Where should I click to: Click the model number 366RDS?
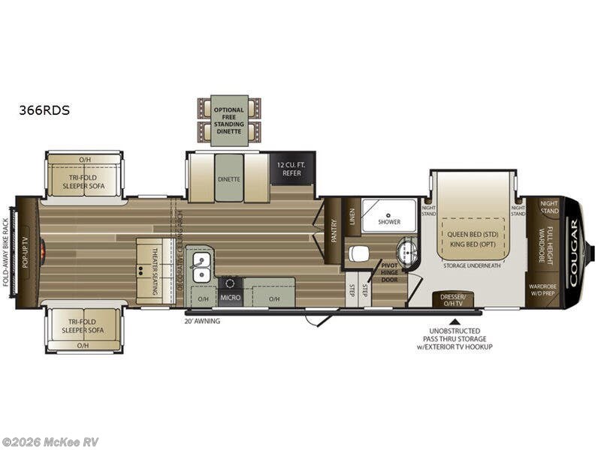tap(44, 109)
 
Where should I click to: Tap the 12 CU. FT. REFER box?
tap(291, 168)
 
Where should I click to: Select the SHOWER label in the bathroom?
tap(388, 222)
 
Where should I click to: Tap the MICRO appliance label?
tap(230, 298)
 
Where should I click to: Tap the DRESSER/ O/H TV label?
tap(454, 300)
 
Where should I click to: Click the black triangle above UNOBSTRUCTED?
tap(455, 321)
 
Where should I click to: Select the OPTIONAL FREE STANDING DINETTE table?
tap(229, 120)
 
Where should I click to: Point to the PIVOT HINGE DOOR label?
tap(389, 271)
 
